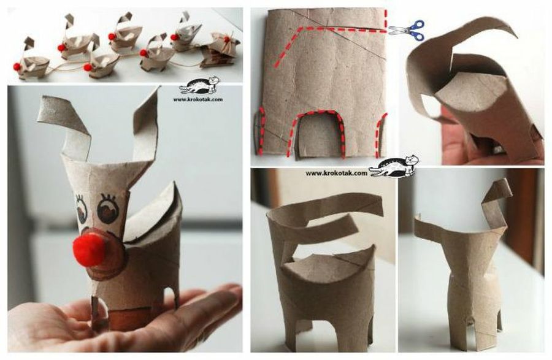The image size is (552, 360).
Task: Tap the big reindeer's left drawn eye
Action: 81,209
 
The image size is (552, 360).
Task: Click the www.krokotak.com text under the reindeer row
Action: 197,99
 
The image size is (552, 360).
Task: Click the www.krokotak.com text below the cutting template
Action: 331,173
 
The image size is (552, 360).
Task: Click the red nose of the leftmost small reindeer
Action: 17,66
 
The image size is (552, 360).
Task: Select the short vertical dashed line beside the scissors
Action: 386,18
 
